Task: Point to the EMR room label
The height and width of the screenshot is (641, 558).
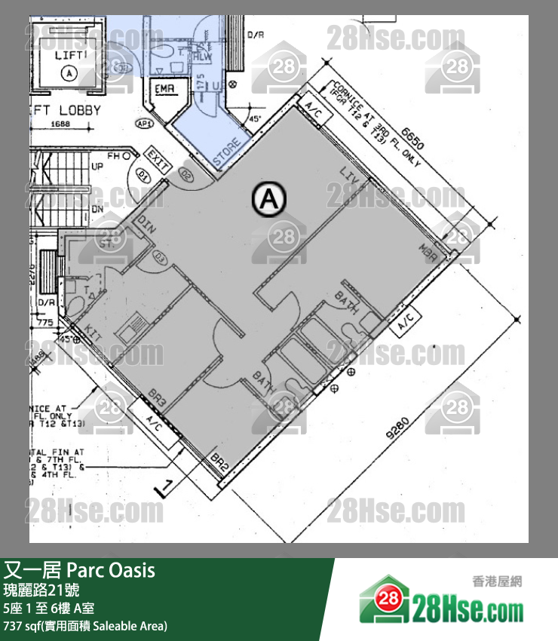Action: click(164, 90)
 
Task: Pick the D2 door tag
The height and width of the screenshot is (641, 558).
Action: click(186, 174)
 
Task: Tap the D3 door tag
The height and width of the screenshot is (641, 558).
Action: click(161, 257)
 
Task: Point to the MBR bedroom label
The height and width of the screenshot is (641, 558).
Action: click(431, 250)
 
